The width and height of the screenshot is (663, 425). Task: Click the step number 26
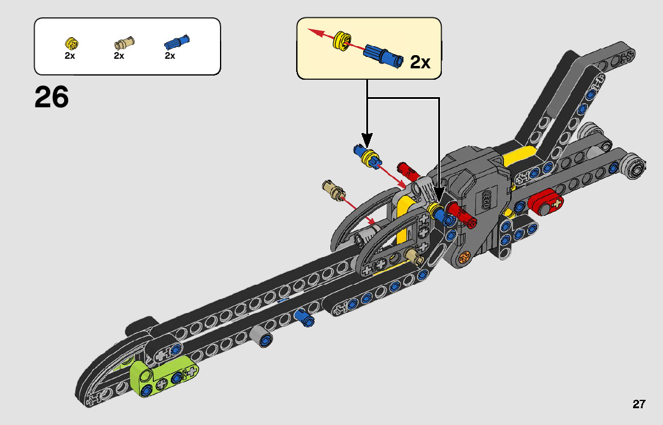pyautogui.click(x=52, y=97)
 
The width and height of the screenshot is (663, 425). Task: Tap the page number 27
pyautogui.click(x=638, y=404)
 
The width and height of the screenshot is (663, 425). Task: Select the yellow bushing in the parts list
pyautogui.click(x=71, y=44)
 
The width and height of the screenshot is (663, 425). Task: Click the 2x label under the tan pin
pyautogui.click(x=119, y=56)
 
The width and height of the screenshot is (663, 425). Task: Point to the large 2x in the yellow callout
pyautogui.click(x=420, y=62)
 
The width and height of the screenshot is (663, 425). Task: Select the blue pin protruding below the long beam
pyautogui.click(x=305, y=318)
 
